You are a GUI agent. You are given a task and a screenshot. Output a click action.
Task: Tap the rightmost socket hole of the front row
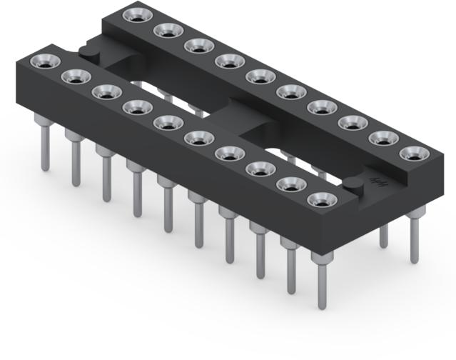[x=322, y=201]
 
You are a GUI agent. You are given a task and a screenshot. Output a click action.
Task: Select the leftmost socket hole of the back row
[x=134, y=16]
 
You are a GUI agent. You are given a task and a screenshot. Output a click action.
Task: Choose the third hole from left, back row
[x=197, y=46]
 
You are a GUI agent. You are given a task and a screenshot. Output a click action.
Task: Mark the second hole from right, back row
[x=383, y=138]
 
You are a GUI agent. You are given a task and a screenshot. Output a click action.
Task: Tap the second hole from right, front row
[x=290, y=185]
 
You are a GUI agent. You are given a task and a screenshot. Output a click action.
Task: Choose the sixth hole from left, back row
[x=290, y=92]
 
